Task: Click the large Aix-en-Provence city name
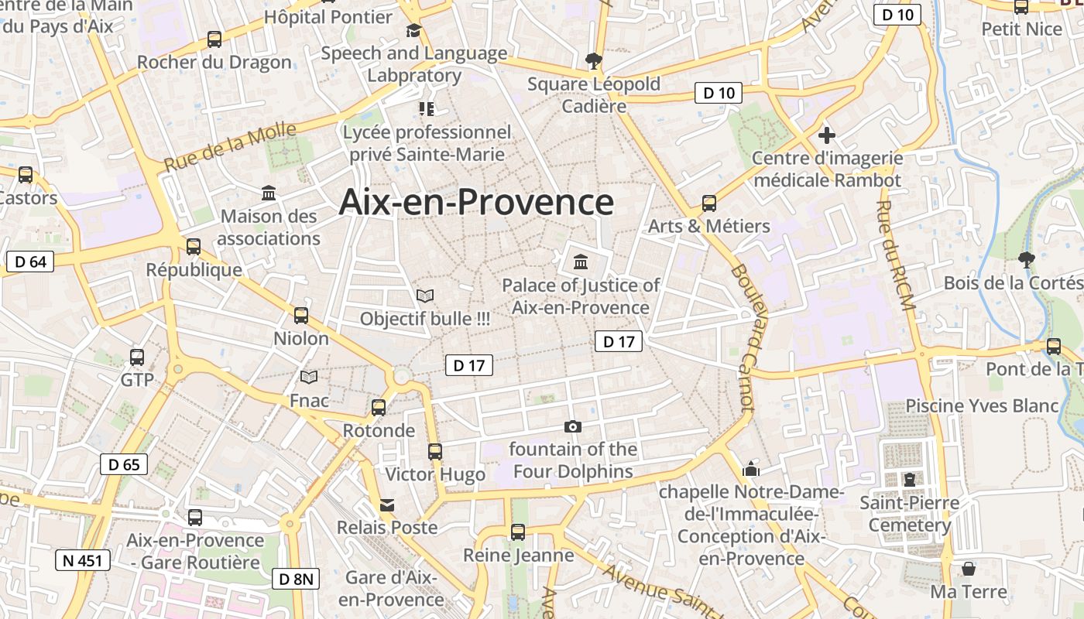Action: (476, 203)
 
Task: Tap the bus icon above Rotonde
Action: (379, 408)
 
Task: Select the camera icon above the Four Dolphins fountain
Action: (573, 426)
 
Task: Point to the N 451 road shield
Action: (83, 560)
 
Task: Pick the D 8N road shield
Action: (296, 579)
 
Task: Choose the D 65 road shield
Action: (124, 464)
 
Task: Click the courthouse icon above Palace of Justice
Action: (581, 262)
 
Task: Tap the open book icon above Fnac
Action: (309, 378)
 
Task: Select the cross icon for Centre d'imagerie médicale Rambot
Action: (827, 136)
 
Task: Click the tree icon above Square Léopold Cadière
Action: (594, 60)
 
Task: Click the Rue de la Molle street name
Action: (230, 147)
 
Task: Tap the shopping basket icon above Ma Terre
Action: (968, 569)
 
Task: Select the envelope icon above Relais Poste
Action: (387, 505)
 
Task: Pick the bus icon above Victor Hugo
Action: (435, 452)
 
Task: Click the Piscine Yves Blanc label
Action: (982, 405)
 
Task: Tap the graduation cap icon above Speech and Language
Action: (413, 31)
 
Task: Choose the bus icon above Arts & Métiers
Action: (709, 203)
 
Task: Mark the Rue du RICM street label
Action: (896, 255)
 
